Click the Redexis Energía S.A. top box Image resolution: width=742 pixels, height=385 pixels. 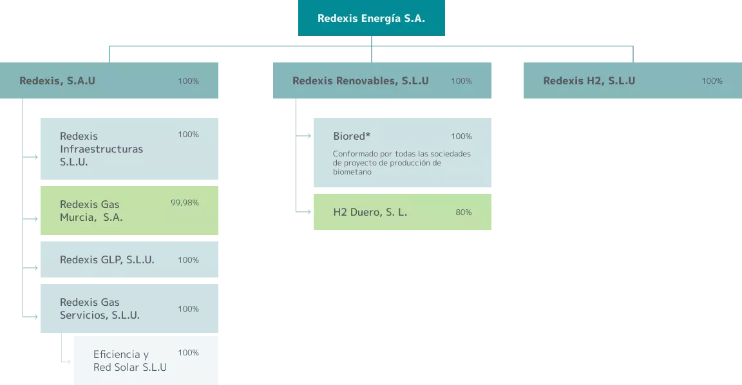(371, 18)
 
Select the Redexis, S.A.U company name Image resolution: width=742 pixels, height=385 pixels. (57, 81)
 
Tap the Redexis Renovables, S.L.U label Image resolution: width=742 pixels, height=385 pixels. (360, 81)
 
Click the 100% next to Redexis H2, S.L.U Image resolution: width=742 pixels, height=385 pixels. (712, 81)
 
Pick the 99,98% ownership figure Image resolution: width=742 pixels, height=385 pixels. (184, 203)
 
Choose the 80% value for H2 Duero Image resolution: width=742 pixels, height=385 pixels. (464, 212)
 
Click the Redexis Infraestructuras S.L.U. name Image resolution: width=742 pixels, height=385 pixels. (101, 149)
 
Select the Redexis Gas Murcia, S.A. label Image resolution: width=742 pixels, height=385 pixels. (91, 211)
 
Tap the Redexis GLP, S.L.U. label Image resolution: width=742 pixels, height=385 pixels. (107, 260)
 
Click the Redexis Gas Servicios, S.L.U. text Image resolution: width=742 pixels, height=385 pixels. (99, 309)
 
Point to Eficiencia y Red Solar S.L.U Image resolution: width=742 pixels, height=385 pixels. (129, 361)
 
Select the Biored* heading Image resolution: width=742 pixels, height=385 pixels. (352, 136)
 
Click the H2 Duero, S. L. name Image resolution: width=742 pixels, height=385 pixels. (370, 212)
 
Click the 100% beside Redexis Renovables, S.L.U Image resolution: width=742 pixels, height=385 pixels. (461, 81)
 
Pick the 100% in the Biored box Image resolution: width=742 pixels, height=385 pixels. (461, 136)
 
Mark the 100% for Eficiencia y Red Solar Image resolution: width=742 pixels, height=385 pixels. (188, 353)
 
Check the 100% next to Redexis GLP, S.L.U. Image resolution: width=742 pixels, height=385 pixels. (188, 260)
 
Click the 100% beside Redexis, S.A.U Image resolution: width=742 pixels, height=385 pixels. (188, 81)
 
